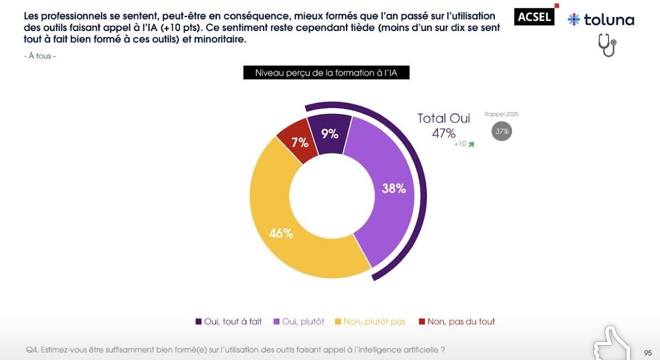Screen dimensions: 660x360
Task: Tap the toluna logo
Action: (601, 20)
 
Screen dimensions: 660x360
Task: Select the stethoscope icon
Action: (607, 45)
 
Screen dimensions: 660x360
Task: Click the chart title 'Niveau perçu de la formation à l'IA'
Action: (326, 73)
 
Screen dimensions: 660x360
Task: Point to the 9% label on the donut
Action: (329, 134)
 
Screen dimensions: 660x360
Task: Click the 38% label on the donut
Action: (393, 189)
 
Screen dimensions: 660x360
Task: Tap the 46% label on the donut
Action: (281, 233)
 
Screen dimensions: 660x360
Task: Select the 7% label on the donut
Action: (300, 142)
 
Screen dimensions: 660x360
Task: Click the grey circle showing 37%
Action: (502, 131)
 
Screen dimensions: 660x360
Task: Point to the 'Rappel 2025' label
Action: (502, 114)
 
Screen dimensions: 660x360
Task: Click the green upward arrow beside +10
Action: (471, 144)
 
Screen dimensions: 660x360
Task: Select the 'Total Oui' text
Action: (444, 118)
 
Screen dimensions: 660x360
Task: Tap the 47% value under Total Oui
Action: (444, 133)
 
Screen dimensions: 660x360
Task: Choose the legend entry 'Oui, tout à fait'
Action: (228, 321)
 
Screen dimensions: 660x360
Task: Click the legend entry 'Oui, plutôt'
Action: (299, 321)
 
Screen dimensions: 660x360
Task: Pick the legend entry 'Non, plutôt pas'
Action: (370, 321)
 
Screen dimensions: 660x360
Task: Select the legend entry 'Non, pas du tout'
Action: (457, 321)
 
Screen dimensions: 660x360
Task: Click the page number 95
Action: (648, 353)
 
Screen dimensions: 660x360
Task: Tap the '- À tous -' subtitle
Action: (40, 56)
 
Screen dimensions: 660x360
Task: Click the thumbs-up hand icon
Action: (612, 343)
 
